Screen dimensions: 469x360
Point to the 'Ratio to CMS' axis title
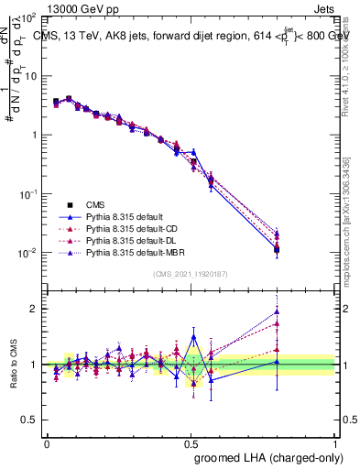pyautogui.click(x=14, y=365)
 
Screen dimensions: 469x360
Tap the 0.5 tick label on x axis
pyautogui.click(x=191, y=442)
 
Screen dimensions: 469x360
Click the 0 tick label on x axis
pyautogui.click(x=47, y=442)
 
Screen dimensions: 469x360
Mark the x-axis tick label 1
pyautogui.click(x=335, y=442)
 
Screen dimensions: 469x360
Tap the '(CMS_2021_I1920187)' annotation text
pyautogui.click(x=191, y=274)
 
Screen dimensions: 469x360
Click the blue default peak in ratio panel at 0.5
pyautogui.click(x=192, y=336)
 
